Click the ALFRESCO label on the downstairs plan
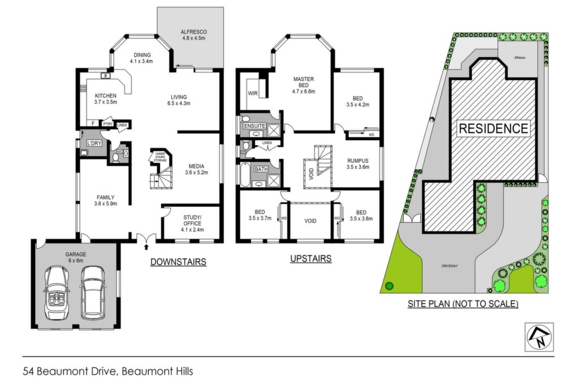[193, 32]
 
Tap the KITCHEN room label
[106, 96]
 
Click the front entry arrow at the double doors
[146, 246]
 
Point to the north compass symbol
[539, 337]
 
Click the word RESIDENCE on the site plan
[493, 128]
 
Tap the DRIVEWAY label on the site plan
[450, 266]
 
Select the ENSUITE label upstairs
[255, 126]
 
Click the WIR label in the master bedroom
[253, 93]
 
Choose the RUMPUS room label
[358, 161]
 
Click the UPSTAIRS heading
[310, 259]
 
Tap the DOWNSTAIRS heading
[178, 262]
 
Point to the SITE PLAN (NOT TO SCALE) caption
[463, 303]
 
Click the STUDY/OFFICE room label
[192, 220]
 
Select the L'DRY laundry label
[94, 143]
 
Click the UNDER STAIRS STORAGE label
[160, 157]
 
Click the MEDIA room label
[196, 166]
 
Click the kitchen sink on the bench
[106, 76]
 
